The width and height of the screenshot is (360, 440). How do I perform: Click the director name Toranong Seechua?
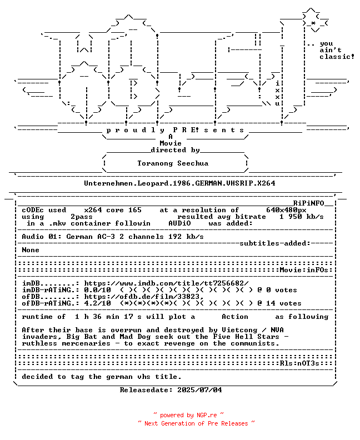tap(173, 163)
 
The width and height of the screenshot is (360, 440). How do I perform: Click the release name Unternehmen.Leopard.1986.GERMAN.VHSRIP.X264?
tap(179, 183)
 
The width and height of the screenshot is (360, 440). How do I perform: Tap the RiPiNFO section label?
tap(309, 203)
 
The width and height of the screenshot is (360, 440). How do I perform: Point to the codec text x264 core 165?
tap(113, 210)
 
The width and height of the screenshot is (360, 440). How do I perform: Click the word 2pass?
tap(81, 217)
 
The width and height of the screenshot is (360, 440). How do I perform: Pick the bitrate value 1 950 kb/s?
tap(301, 217)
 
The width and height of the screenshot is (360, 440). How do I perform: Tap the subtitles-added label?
tap(275, 243)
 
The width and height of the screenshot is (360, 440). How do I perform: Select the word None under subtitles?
tap(31, 250)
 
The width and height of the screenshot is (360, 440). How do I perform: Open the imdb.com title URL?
tap(167, 283)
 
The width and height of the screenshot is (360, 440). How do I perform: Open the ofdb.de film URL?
tap(144, 297)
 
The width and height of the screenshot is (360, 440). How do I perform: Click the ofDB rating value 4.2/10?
tap(97, 303)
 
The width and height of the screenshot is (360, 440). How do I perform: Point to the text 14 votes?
tap(284, 303)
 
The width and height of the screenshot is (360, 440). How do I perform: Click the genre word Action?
tap(235, 317)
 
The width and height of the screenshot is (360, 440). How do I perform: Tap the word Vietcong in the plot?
tap(239, 330)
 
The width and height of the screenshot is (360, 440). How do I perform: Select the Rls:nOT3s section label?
tap(299, 363)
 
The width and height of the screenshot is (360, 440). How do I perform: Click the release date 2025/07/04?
tap(199, 390)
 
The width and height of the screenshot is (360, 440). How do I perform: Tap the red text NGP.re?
tap(207, 416)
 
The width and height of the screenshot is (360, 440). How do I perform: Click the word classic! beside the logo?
tap(337, 57)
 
